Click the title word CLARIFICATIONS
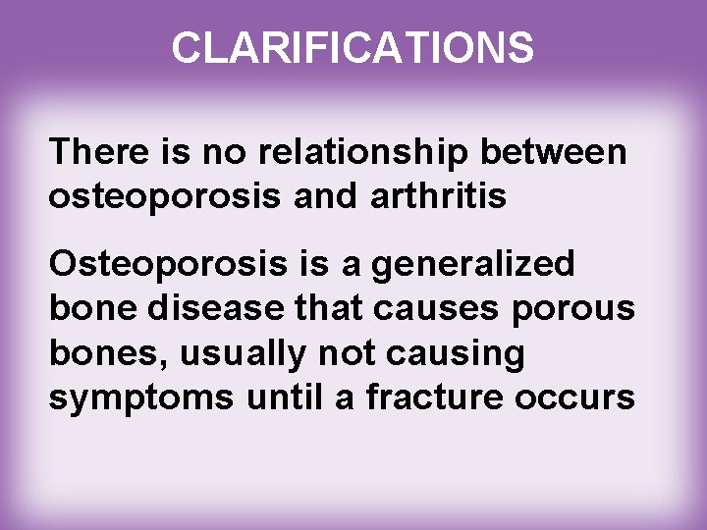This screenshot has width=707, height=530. [353, 46]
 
